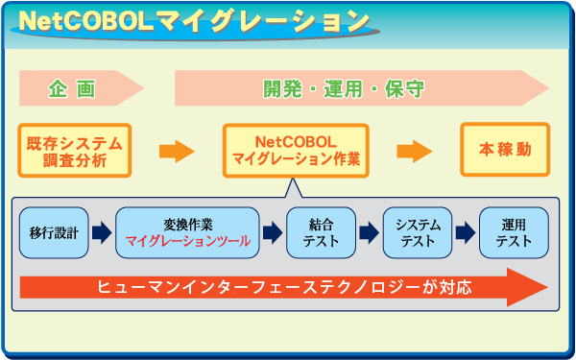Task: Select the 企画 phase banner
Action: coord(77,89)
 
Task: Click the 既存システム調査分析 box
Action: coord(75,151)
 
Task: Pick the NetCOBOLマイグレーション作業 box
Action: coord(297,151)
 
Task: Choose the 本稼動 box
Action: coord(505,150)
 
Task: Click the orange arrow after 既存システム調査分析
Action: coord(177,151)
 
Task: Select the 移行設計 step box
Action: coord(54,232)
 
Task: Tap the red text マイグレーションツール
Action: coord(188,241)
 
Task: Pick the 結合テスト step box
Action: coord(321,232)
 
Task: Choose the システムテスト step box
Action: coord(418,232)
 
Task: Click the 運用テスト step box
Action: coord(513,232)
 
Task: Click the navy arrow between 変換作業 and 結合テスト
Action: coord(273,232)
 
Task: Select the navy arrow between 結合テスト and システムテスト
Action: coord(369,232)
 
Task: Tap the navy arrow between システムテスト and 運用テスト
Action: coord(466,232)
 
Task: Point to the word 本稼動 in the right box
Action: coord(505,150)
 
